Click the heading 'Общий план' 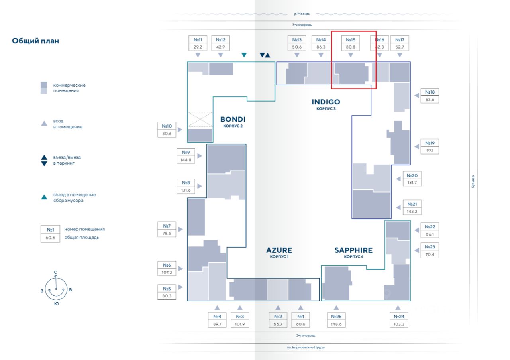[35, 41]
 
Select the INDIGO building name [326, 102]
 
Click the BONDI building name [233, 119]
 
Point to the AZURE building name [279, 250]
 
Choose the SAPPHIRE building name [353, 250]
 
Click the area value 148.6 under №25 [336, 324]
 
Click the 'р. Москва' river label [302, 14]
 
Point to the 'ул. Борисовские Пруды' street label [306, 348]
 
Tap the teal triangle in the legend [44, 197]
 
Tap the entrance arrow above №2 [278, 308]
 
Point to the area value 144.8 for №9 [186, 160]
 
